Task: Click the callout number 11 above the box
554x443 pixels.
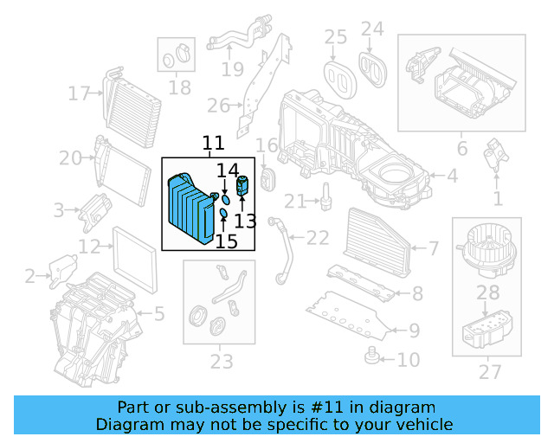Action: (x=213, y=144)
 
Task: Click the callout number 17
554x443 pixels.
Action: (x=80, y=93)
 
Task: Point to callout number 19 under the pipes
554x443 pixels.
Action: (x=232, y=68)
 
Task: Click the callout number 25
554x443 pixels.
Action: (x=336, y=36)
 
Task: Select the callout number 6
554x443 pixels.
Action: (x=462, y=148)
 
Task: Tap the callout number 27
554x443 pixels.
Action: (x=491, y=372)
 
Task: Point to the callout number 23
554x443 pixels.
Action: (x=222, y=360)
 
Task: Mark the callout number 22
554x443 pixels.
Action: (x=319, y=238)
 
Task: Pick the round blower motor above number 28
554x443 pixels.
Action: (x=486, y=245)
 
